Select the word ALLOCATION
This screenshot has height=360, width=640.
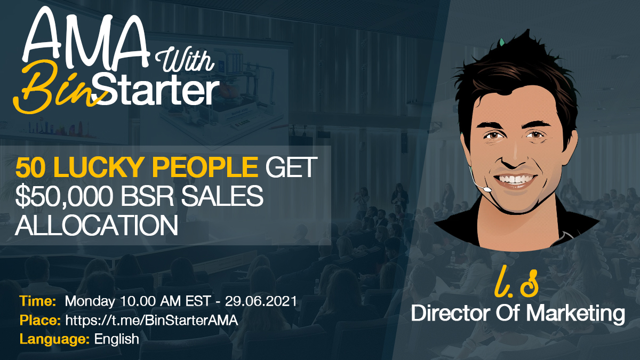[96, 226]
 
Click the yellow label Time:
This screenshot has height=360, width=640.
[38, 301]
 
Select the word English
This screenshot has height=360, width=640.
[117, 339]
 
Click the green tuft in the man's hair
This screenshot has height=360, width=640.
[501, 42]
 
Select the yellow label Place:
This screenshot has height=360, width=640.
[40, 320]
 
